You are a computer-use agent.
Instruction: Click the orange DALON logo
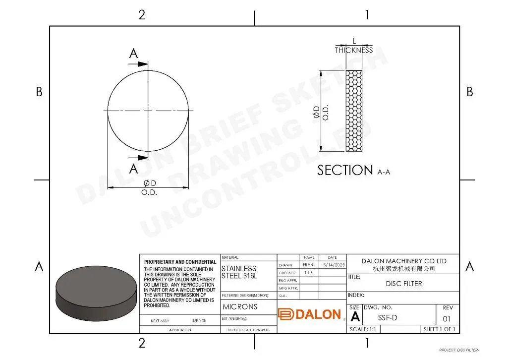click(x=310, y=314)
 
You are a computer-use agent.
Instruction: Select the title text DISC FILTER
click(x=404, y=284)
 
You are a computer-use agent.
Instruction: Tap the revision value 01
click(x=447, y=318)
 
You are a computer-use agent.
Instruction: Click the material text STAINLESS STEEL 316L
click(x=239, y=272)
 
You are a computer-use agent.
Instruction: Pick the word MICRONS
click(x=240, y=306)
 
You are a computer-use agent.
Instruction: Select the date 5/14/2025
click(x=333, y=265)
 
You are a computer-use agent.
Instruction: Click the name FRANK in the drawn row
click(x=309, y=265)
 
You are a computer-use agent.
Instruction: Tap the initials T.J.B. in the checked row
click(x=309, y=273)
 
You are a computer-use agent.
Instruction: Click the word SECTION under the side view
click(x=345, y=170)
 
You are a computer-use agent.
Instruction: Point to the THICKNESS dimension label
click(x=353, y=50)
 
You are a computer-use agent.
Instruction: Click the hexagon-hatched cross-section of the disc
click(x=354, y=111)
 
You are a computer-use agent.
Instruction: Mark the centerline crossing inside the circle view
click(x=148, y=110)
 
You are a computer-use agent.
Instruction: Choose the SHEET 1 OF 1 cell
click(x=439, y=329)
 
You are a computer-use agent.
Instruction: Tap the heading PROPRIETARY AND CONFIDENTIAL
click(x=180, y=262)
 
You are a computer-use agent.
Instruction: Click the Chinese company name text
click(x=403, y=269)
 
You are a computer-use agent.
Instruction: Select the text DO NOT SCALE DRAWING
click(x=248, y=330)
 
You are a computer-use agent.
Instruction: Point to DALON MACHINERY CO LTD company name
click(x=403, y=261)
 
